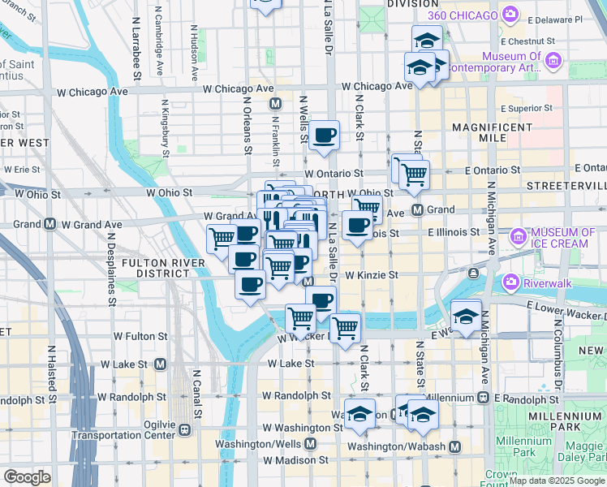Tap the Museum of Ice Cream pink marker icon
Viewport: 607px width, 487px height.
pos(517,237)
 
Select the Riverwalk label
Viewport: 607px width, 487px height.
pos(543,282)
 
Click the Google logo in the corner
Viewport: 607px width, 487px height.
pos(27,477)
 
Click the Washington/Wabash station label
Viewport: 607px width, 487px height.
pos(397,446)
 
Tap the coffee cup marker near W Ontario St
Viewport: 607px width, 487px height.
pos(324,135)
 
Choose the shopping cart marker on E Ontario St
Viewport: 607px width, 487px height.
pos(414,172)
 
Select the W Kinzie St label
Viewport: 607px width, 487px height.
pos(371,275)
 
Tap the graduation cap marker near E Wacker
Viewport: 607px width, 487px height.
pos(466,315)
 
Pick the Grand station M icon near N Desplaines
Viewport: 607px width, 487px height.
pos(50,224)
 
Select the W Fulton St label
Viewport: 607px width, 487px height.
pos(140,335)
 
